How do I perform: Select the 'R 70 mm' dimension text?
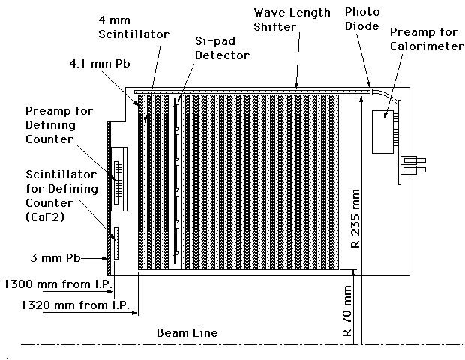pyautogui.click(x=347, y=310)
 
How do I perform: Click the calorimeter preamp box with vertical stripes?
pyautogui.click(x=386, y=132)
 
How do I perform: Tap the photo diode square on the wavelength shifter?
pyautogui.click(x=370, y=91)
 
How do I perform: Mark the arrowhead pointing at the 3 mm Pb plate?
pyautogui.click(x=105, y=259)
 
